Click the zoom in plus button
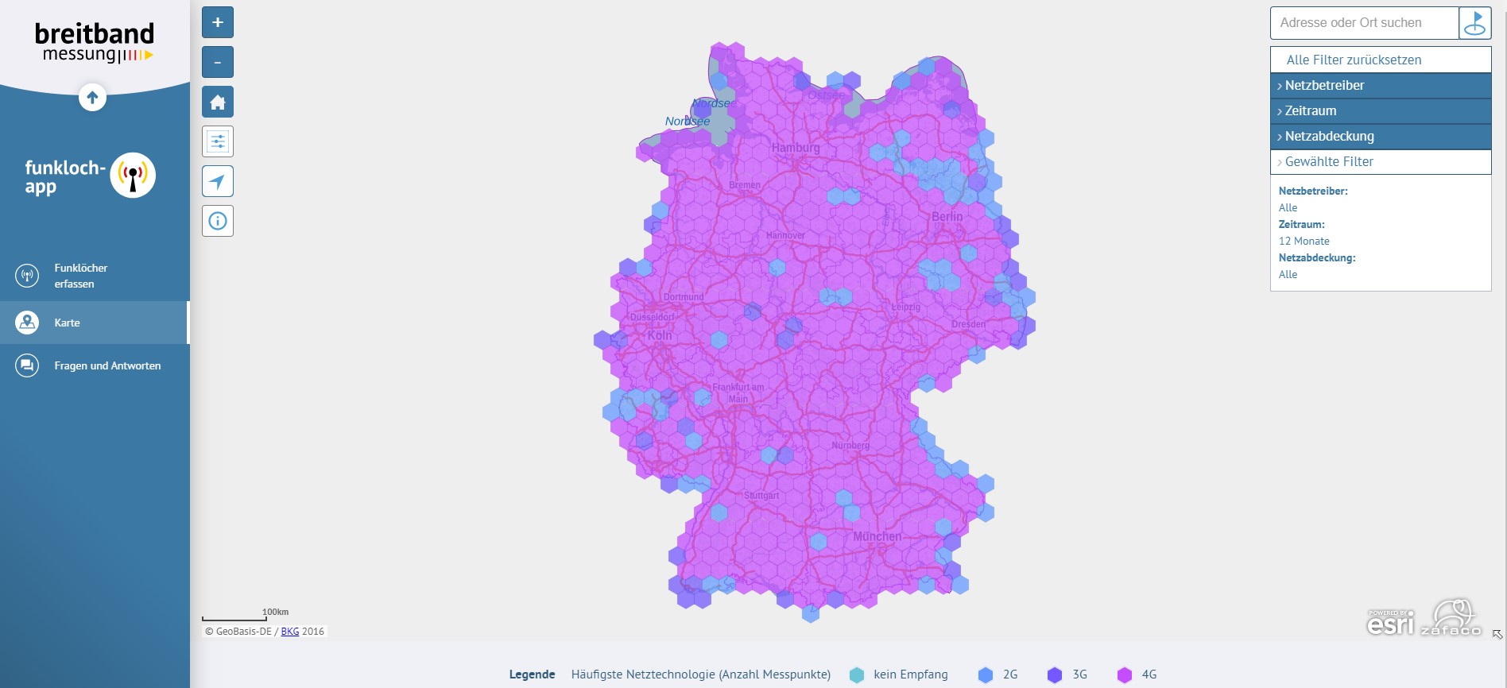point(218,22)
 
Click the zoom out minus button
point(218,62)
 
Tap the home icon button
point(218,102)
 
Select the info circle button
point(218,221)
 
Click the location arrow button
point(218,181)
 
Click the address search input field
point(1364,23)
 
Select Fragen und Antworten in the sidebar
point(107,365)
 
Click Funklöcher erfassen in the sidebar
point(80,276)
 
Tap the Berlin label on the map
point(947,216)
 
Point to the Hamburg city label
point(795,147)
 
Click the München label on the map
point(877,536)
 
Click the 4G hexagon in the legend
point(1124,674)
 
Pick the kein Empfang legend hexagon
point(856,674)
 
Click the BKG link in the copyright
point(290,632)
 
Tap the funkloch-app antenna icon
point(133,175)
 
